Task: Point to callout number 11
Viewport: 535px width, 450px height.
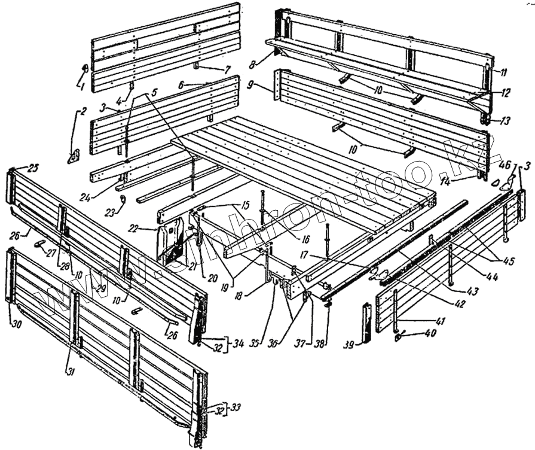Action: (503, 72)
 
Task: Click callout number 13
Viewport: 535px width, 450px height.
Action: (506, 121)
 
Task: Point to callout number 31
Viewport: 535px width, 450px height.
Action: (71, 372)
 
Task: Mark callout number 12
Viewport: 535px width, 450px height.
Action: (506, 94)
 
